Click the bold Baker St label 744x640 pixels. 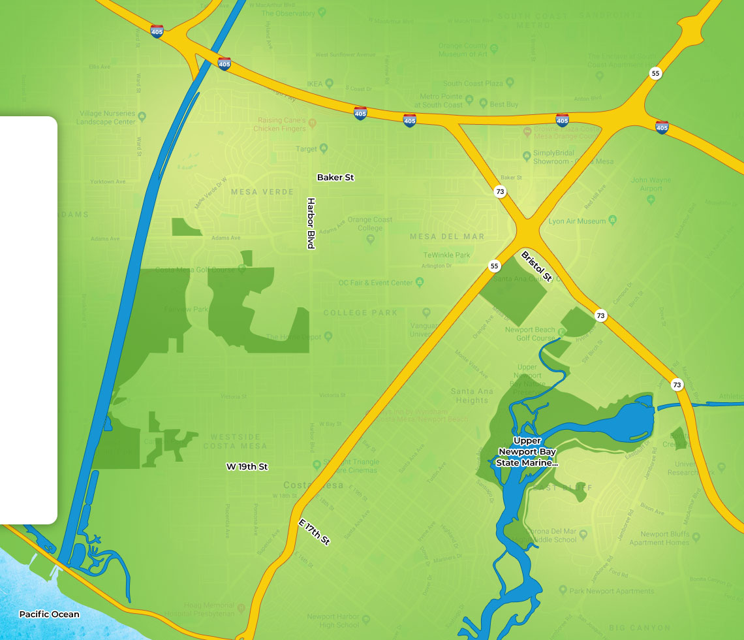[335, 177]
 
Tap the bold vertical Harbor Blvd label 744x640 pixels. [311, 223]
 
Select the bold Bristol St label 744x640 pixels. [537, 266]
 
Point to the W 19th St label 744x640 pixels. [247, 467]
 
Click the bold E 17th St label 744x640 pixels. [315, 532]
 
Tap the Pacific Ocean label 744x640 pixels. [49, 614]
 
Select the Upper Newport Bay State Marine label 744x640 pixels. [527, 452]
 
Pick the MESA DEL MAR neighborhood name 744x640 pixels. [447, 236]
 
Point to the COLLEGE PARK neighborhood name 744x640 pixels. [360, 313]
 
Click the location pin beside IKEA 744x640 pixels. [330, 84]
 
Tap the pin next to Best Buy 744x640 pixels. [483, 104]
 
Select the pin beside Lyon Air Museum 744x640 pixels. [612, 221]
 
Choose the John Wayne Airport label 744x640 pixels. [646, 184]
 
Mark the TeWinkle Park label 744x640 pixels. [446, 255]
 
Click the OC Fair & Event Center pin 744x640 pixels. [420, 282]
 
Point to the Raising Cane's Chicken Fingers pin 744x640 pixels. [312, 123]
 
